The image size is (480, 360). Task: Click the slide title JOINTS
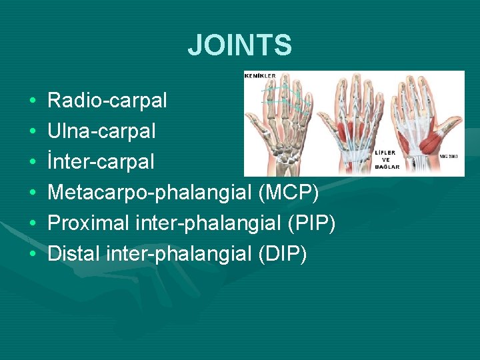tap(239, 45)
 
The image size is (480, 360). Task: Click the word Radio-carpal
tap(107, 101)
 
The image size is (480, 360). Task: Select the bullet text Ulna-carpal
tap(101, 131)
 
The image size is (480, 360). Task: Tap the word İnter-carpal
tap(101, 162)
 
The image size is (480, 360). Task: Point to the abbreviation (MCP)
tap(293, 193)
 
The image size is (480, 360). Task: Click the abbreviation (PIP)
tap(311, 223)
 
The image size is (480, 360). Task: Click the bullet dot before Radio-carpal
tap(33, 101)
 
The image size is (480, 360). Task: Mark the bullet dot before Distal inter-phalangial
tap(33, 255)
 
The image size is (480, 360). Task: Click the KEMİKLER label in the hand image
tap(260, 76)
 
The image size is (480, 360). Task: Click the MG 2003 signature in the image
tap(449, 156)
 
